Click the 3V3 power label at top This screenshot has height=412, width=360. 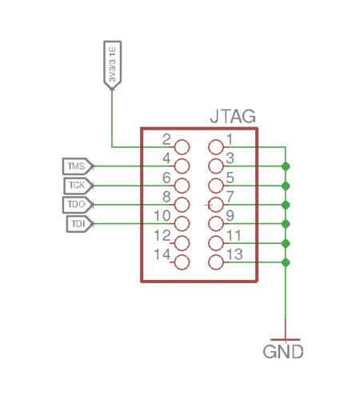coord(112,66)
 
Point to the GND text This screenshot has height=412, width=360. coord(283,352)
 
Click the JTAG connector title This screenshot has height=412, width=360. coord(233,116)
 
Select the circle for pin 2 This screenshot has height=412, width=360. coord(182,147)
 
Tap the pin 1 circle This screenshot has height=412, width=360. coord(216,147)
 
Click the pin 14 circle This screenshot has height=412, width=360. coord(182,262)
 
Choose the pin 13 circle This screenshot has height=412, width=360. coord(216,262)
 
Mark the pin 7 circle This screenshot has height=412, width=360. coord(216,205)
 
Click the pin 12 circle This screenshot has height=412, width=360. coord(182,243)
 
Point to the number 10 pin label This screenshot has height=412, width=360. coord(162,215)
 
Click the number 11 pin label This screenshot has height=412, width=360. coord(234,235)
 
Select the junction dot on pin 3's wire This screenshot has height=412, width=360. coord(286,166)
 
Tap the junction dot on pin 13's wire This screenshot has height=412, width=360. coord(286,262)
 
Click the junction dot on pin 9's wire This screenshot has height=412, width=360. coord(286,224)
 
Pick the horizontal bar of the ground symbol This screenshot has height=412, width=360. coord(286,340)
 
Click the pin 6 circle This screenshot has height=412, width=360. coord(182,186)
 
